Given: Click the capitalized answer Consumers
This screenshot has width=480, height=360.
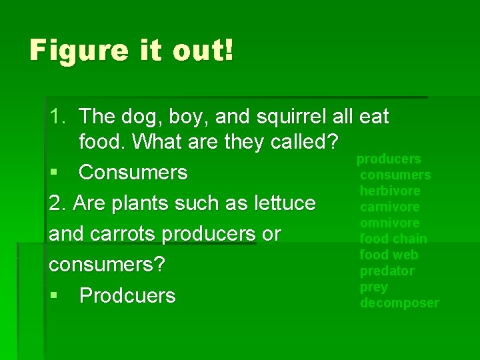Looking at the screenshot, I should tap(133, 173).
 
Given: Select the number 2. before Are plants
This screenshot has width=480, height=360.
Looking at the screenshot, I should tap(59, 203).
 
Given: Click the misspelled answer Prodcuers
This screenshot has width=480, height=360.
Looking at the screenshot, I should tap(127, 295).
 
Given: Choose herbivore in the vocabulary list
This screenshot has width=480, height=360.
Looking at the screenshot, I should tap(390, 191).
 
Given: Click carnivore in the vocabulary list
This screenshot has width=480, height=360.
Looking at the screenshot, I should tap(390, 207).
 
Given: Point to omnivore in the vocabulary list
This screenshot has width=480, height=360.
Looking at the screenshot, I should tap(390, 223).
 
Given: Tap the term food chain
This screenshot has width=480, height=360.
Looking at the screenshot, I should tap(393, 239).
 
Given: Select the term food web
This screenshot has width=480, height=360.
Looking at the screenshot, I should tap(389, 255).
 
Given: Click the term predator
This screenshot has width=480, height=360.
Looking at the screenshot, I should tap(387, 271).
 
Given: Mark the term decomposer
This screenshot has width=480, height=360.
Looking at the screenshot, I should tap(399, 303).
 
